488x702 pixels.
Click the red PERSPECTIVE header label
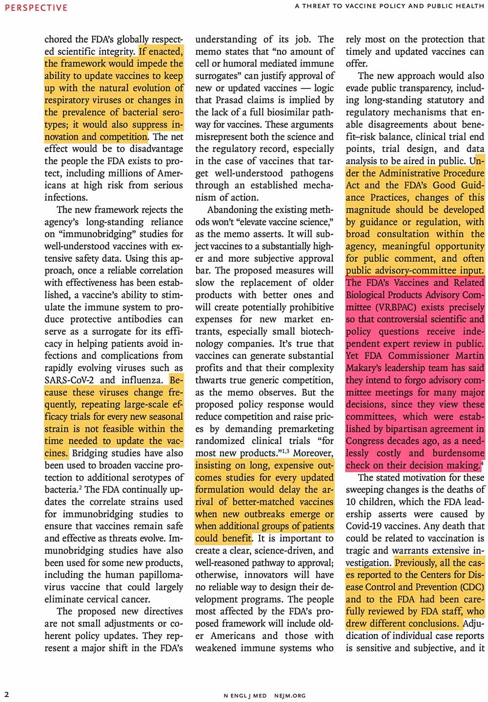click(36, 7)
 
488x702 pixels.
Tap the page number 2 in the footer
click(7, 694)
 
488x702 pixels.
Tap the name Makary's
click(366, 368)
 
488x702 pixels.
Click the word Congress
click(366, 441)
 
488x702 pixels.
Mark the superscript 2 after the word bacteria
click(80, 487)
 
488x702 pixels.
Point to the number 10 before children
click(352, 502)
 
